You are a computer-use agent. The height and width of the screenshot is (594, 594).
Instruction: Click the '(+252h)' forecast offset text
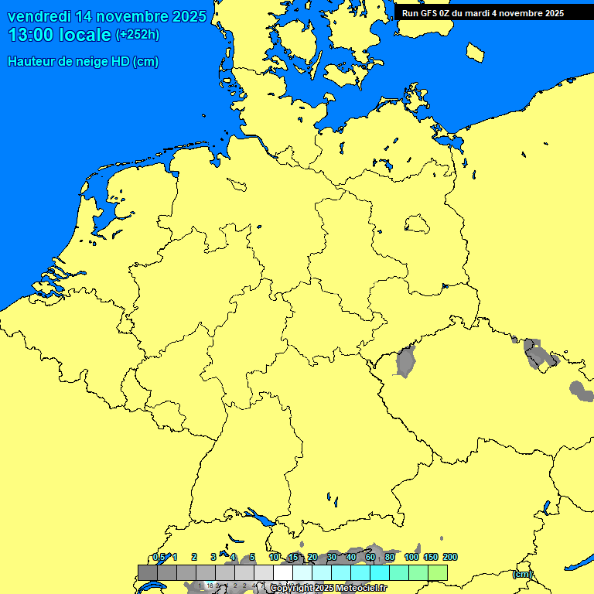tap(138, 35)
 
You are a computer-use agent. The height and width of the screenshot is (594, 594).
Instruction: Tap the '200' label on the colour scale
tap(450, 557)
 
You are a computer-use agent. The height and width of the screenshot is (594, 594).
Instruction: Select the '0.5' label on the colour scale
tap(159, 557)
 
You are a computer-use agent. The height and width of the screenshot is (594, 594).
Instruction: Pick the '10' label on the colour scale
tap(274, 557)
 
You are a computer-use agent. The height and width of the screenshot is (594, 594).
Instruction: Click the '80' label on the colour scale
tap(390, 557)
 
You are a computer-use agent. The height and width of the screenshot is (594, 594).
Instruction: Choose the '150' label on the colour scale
tap(431, 557)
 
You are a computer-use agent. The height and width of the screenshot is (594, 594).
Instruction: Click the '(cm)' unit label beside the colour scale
tap(522, 574)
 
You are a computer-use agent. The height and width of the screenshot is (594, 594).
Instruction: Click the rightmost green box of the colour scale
tap(438, 572)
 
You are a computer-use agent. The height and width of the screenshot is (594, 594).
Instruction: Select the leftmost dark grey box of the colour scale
tap(148, 572)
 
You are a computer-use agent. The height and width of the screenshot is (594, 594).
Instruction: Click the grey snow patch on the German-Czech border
tap(405, 361)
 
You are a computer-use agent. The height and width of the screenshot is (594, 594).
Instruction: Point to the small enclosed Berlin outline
tap(416, 224)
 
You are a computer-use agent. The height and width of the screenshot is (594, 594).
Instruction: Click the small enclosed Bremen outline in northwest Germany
tap(237, 184)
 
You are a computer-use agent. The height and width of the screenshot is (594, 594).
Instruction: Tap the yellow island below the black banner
tap(476, 52)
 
